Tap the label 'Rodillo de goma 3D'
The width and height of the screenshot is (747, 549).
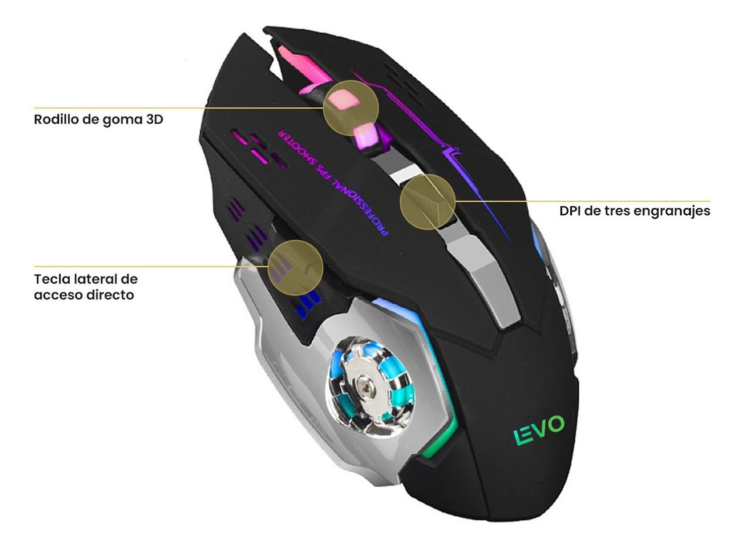tap(99, 120)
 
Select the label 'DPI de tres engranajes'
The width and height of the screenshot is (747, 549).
tap(634, 211)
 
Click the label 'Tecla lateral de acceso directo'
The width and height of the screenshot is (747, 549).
tap(85, 287)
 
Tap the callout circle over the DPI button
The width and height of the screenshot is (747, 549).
tap(428, 202)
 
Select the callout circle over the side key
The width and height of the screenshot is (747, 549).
tap(296, 267)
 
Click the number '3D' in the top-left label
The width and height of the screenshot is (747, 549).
tap(154, 120)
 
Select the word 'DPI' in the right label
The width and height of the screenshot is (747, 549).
tap(570, 211)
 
